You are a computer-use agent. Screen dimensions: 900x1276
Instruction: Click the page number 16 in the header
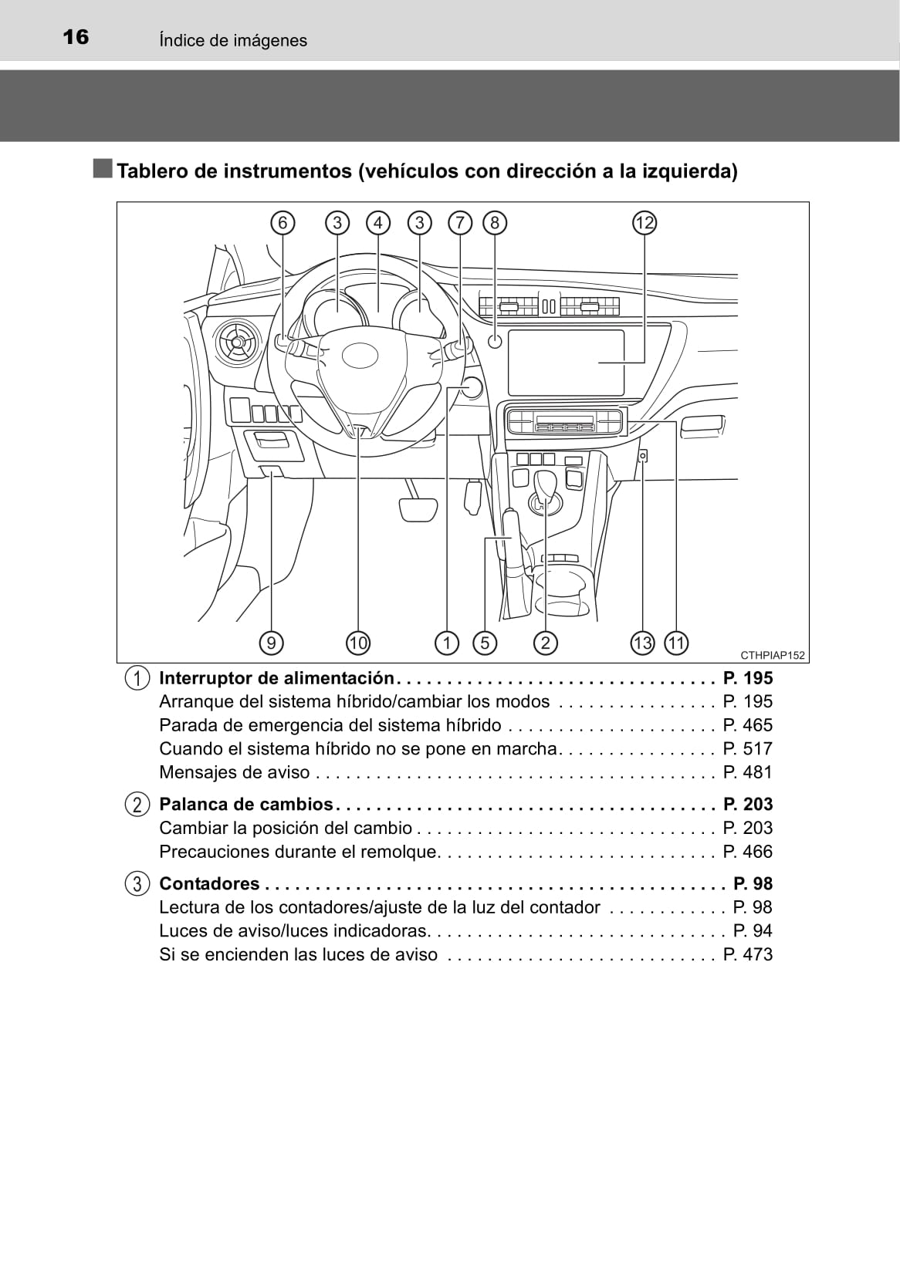point(76,38)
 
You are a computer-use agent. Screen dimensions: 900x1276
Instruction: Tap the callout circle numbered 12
point(644,223)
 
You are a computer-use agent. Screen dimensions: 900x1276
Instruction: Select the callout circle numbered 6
point(283,223)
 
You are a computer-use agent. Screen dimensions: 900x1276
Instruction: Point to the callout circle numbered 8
point(494,223)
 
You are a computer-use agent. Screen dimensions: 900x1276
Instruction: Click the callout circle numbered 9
point(271,643)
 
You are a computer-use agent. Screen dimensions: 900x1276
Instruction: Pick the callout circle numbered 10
point(358,643)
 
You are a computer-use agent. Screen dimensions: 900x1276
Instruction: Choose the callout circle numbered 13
point(642,643)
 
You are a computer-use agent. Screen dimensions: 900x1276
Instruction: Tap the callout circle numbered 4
point(378,223)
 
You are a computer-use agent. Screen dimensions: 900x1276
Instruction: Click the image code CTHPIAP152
point(773,656)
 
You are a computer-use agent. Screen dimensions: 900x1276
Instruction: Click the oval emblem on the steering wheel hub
point(360,355)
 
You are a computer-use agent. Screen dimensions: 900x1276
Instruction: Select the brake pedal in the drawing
point(419,508)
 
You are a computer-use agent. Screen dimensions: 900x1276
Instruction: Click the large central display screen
point(566,363)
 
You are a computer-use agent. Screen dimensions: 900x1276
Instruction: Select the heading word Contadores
point(209,883)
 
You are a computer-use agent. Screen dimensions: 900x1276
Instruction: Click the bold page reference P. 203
point(748,804)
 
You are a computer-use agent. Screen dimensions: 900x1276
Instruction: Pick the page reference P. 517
point(748,748)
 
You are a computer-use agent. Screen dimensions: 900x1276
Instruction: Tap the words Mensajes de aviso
point(234,772)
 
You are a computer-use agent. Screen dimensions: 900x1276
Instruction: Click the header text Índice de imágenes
point(233,40)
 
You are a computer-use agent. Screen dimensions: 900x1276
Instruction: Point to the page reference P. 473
point(748,955)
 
